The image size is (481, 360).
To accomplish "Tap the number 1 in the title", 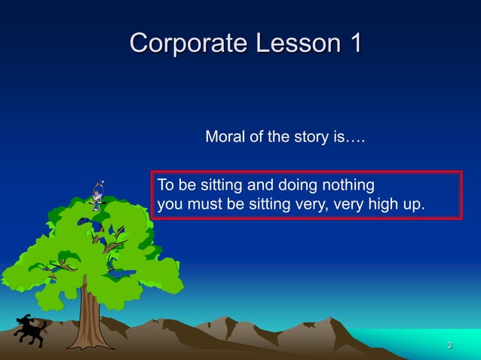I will (x=352, y=43).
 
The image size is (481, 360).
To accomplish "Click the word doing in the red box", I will (x=297, y=185).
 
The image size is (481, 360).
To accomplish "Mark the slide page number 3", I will (x=449, y=346).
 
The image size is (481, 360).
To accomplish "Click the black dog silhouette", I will (x=29, y=331).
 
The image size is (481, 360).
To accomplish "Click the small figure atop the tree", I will (x=97, y=195).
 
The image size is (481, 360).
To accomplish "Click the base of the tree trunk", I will (x=88, y=344).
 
